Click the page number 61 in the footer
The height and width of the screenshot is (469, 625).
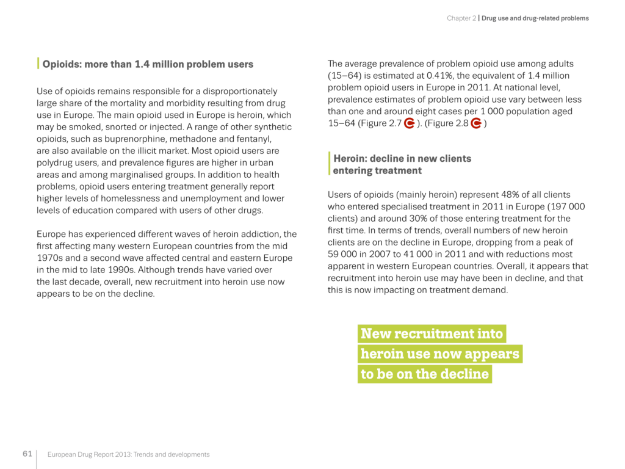27,454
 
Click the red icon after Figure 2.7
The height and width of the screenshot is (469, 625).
410,123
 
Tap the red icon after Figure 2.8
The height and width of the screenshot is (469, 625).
477,123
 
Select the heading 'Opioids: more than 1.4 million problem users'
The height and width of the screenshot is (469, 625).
148,64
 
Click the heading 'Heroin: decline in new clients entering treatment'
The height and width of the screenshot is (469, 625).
402,164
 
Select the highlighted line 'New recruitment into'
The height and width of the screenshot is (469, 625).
432,333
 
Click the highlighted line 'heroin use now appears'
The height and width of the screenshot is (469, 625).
439,354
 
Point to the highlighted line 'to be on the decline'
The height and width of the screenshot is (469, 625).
425,374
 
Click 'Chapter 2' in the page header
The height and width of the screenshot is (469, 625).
461,18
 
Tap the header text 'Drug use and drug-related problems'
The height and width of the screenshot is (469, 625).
535,18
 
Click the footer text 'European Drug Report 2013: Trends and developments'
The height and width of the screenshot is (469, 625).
129,454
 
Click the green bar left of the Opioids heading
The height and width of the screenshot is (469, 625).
38,64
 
